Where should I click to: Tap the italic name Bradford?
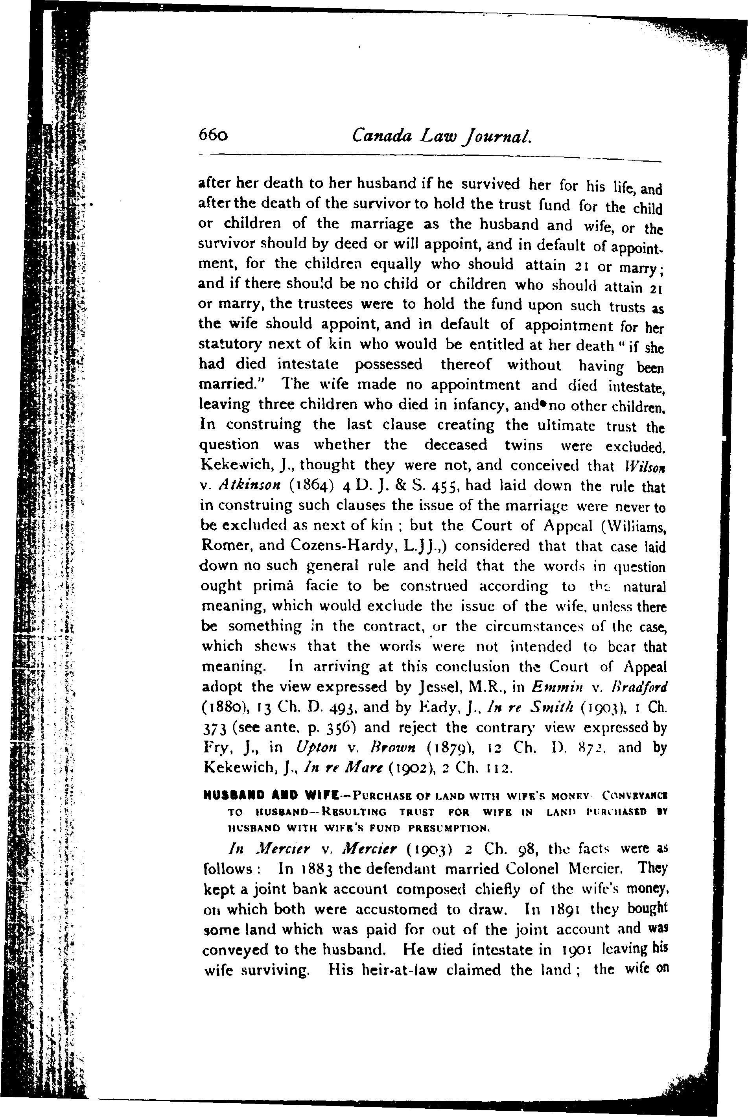point(642,687)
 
